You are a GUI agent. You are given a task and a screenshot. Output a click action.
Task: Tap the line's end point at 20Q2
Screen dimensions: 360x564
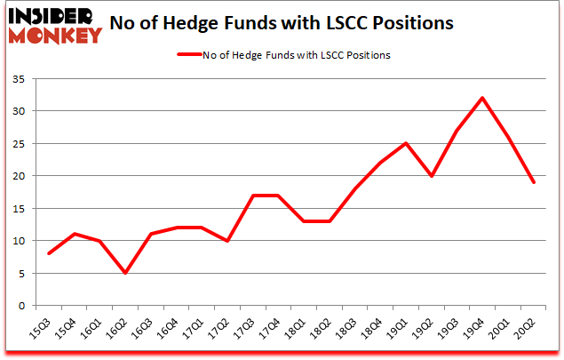(x=534, y=182)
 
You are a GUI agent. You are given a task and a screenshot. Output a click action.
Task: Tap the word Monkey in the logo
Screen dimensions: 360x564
(x=58, y=36)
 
